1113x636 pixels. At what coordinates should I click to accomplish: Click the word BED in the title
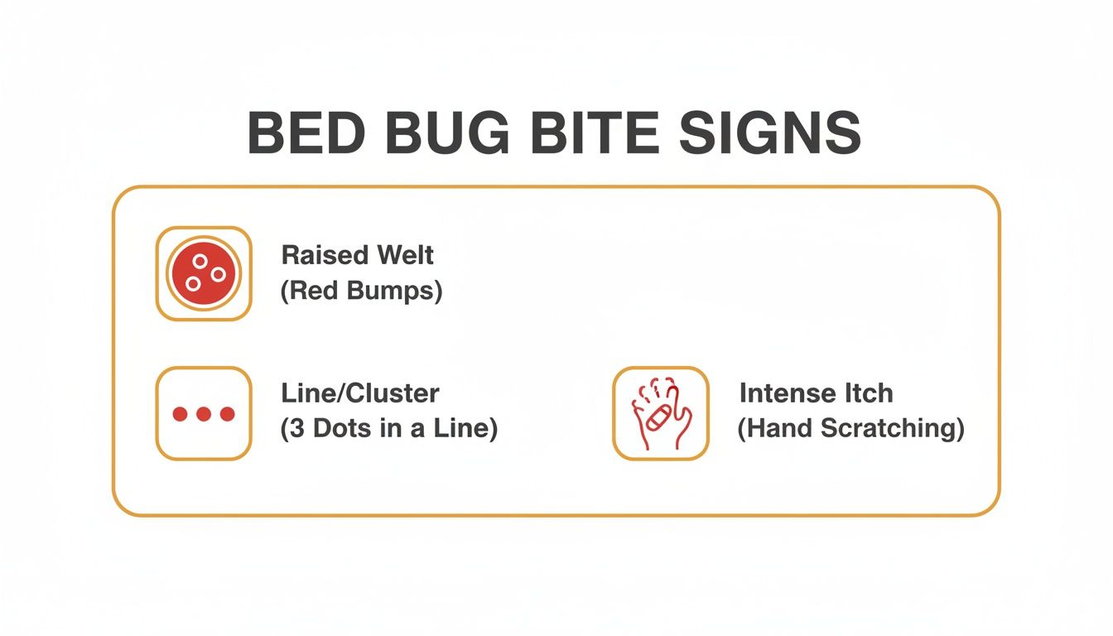point(301,133)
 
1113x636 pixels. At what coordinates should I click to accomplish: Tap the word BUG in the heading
point(439,133)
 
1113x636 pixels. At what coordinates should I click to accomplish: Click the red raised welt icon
point(203,273)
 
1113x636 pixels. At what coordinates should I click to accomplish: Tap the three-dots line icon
point(203,413)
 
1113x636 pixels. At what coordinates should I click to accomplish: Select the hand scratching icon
point(660,413)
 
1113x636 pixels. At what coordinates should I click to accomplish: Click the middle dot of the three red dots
point(203,414)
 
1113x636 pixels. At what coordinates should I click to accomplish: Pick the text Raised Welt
point(358,255)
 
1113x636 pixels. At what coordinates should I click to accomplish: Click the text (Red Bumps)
point(361,291)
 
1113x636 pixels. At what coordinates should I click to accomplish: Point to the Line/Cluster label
point(360,393)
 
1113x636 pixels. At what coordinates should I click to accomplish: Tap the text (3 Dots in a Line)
point(389,430)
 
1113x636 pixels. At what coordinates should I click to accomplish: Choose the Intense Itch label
point(816,393)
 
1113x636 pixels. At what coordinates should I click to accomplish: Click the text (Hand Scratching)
point(851,430)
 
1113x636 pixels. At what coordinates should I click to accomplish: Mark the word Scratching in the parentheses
point(900,430)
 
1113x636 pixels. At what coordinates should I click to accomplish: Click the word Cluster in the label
point(399,393)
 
